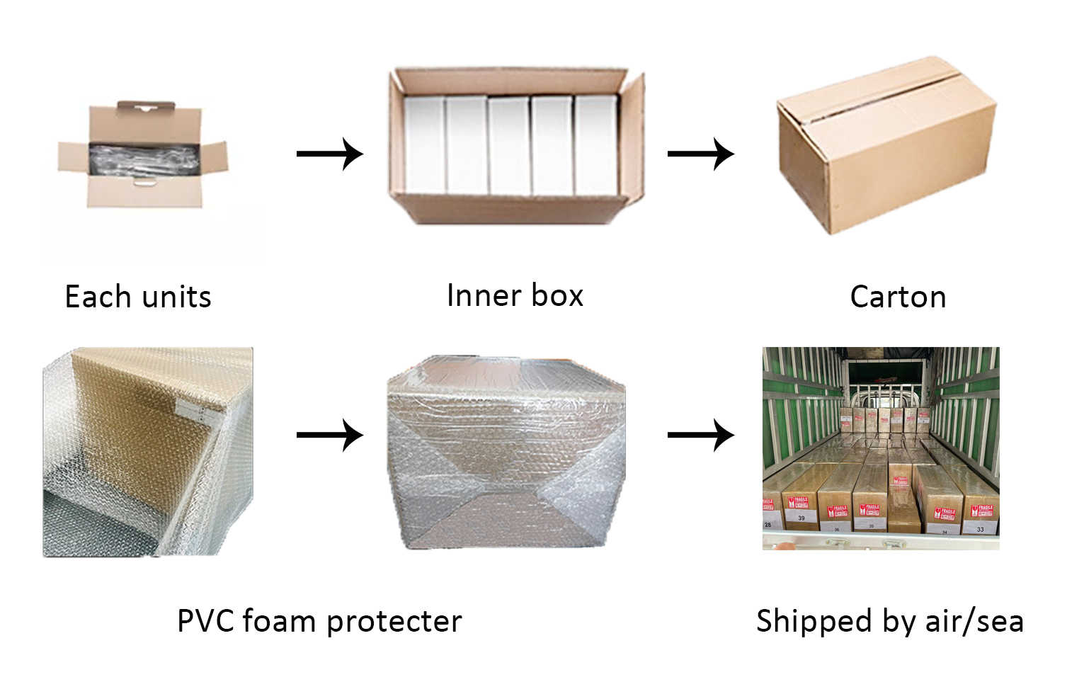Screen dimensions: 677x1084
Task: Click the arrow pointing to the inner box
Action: [x=329, y=154]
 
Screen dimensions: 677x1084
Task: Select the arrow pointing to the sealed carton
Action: [x=700, y=154]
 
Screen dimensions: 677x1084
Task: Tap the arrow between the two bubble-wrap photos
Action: [x=329, y=435]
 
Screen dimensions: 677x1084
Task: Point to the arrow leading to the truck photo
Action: [x=700, y=435]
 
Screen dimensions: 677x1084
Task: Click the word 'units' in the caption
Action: [x=176, y=297]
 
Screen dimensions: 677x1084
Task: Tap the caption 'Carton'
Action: [x=898, y=297]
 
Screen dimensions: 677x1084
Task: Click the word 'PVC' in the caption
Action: [x=205, y=621]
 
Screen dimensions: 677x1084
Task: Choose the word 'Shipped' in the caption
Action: [x=814, y=621]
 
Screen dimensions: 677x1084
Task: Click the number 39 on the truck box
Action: [x=801, y=518]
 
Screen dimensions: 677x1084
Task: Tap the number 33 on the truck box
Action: [x=980, y=528]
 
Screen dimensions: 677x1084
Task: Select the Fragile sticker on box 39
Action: [x=800, y=501]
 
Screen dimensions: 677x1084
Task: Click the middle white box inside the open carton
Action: [x=509, y=145]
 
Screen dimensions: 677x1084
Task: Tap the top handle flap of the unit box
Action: [x=146, y=106]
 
